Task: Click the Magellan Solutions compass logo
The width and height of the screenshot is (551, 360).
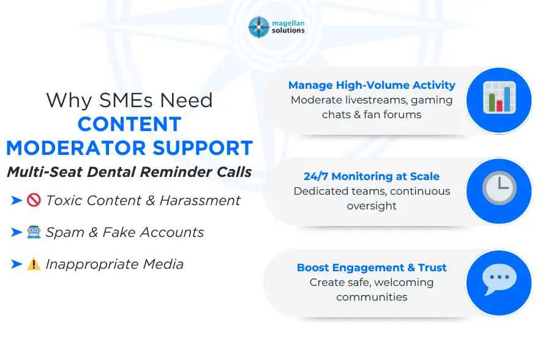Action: tap(258, 28)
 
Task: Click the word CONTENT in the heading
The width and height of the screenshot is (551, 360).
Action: tap(129, 124)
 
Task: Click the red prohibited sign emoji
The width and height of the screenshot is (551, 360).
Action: tap(34, 200)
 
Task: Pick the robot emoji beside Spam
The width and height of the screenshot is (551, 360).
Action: tap(34, 232)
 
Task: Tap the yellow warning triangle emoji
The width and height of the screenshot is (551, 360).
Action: tap(34, 264)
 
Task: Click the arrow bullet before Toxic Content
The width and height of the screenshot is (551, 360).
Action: tap(17, 200)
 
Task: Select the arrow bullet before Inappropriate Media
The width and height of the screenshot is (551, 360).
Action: tap(17, 264)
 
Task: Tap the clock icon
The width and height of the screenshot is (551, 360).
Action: tap(499, 190)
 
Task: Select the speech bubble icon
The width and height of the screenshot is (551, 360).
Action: tap(499, 281)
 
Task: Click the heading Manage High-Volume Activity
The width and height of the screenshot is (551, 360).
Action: tap(372, 85)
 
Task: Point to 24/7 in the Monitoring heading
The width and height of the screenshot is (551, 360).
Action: tap(317, 176)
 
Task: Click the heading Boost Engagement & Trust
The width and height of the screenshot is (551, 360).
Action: tap(372, 268)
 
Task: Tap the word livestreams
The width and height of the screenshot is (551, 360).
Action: tap(367, 100)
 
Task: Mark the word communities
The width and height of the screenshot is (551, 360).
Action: tap(372, 297)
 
